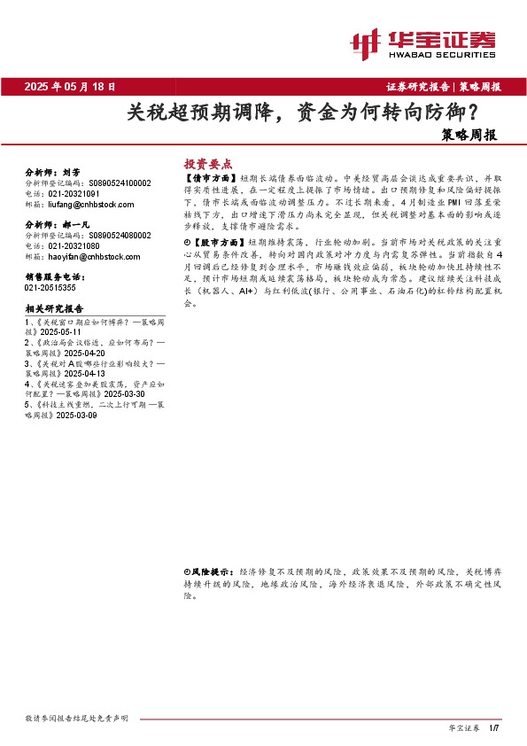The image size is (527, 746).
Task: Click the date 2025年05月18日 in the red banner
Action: pos(70,87)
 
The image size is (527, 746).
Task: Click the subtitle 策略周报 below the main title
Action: pos(469,136)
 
